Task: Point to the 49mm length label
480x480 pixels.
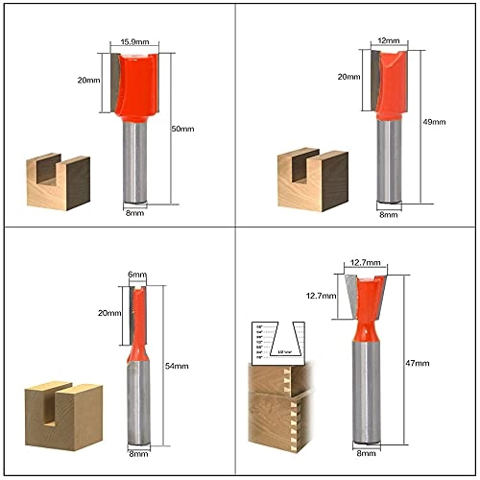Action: click(x=435, y=122)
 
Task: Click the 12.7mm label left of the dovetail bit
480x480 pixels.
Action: click(x=317, y=296)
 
